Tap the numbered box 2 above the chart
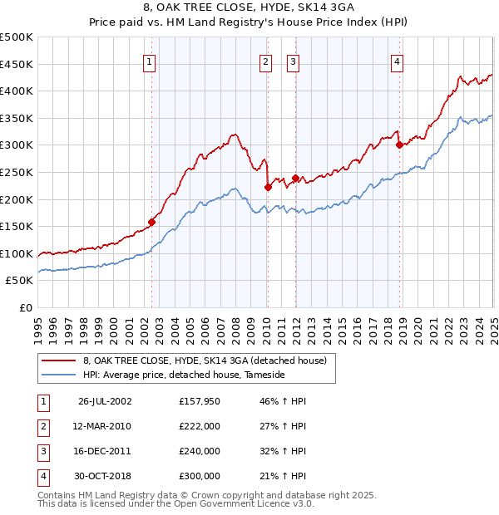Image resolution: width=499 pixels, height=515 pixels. click(x=265, y=61)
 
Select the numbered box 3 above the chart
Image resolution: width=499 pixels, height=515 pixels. click(x=294, y=61)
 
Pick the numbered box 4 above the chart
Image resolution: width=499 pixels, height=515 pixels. click(x=398, y=61)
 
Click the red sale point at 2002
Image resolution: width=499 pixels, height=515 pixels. click(x=152, y=222)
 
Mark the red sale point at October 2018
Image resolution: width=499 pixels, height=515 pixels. click(x=400, y=145)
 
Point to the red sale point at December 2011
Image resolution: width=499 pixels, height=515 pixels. click(x=295, y=177)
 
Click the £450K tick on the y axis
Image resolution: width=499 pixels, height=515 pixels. click(x=17, y=64)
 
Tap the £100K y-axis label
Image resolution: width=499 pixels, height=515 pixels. click(x=17, y=253)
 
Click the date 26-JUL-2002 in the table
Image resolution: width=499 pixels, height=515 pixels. click(x=105, y=401)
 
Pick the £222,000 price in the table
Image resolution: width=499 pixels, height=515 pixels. click(x=200, y=426)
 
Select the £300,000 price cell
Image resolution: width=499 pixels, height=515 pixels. click(x=200, y=476)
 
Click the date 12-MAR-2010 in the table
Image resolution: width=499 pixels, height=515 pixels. click(x=104, y=426)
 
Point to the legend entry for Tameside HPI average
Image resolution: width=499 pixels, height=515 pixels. click(x=183, y=375)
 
